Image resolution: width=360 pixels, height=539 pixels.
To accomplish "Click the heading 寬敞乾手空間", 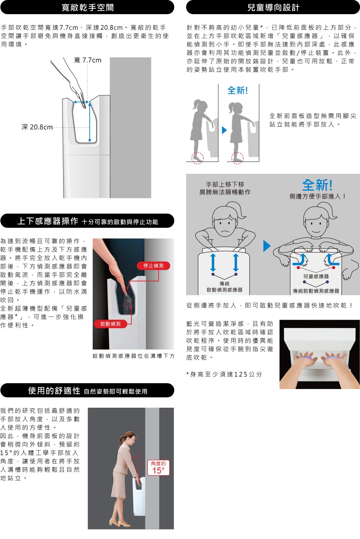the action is (x=88, y=7).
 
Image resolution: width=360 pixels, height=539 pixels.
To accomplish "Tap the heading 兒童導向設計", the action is (x=273, y=7).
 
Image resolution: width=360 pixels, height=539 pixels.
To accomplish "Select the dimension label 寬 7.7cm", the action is (x=88, y=60).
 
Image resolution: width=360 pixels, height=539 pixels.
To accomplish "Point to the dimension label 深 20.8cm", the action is (x=37, y=127).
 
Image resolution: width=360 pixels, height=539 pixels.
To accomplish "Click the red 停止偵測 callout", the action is (x=154, y=266).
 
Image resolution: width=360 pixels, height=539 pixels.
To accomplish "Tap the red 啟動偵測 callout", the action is (x=110, y=324).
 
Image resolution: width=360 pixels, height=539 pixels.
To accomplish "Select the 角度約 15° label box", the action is (x=158, y=467).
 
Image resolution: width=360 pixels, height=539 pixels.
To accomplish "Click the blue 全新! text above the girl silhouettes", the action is (x=238, y=90).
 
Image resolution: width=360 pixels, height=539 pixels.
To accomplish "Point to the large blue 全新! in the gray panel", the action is (x=317, y=185).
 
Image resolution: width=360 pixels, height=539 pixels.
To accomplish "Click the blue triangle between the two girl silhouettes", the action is (x=224, y=130).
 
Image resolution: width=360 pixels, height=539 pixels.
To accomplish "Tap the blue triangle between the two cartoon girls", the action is (x=267, y=246).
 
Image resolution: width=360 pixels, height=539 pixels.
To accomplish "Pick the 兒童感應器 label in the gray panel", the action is (x=316, y=276).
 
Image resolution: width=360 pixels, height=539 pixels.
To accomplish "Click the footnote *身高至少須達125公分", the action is (x=224, y=374).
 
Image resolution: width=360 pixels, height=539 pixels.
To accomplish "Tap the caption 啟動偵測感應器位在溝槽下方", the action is (x=134, y=356).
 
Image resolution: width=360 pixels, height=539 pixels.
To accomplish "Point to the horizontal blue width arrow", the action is (x=82, y=102).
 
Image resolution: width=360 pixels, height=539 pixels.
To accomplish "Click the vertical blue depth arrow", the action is (x=90, y=122).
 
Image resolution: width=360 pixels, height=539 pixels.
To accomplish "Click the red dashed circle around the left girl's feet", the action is (x=198, y=158).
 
